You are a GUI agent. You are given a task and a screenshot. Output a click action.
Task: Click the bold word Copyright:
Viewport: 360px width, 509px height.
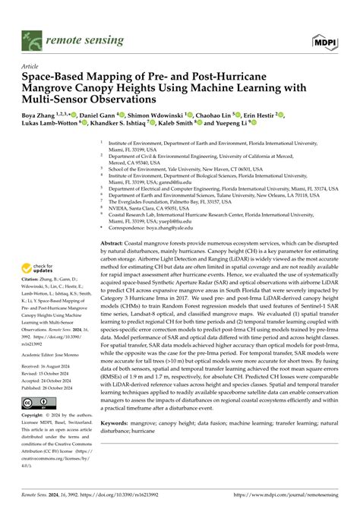point(37,416)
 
